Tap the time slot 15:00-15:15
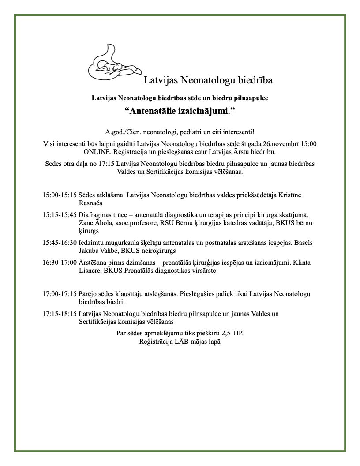click(60, 195)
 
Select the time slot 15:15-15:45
click(60, 215)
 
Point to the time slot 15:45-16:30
click(60, 243)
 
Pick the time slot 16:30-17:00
click(60, 263)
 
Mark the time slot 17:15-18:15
click(60, 314)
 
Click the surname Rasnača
click(90, 203)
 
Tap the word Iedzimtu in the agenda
click(91, 243)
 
